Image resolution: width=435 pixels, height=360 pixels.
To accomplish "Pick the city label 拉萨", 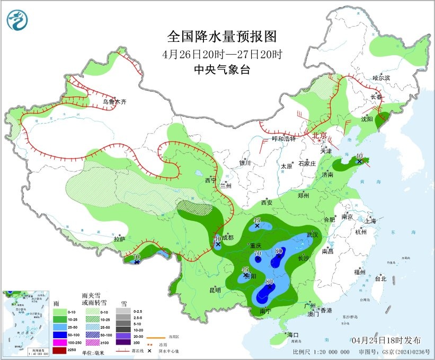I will point(120,239).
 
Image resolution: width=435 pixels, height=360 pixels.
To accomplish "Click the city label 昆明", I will point(215,290).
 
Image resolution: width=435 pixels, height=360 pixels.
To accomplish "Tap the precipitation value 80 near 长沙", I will point(279,251).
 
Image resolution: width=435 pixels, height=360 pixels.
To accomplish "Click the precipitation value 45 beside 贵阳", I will point(245,270).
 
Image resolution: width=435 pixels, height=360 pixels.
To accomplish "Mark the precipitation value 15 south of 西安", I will point(257,220).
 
